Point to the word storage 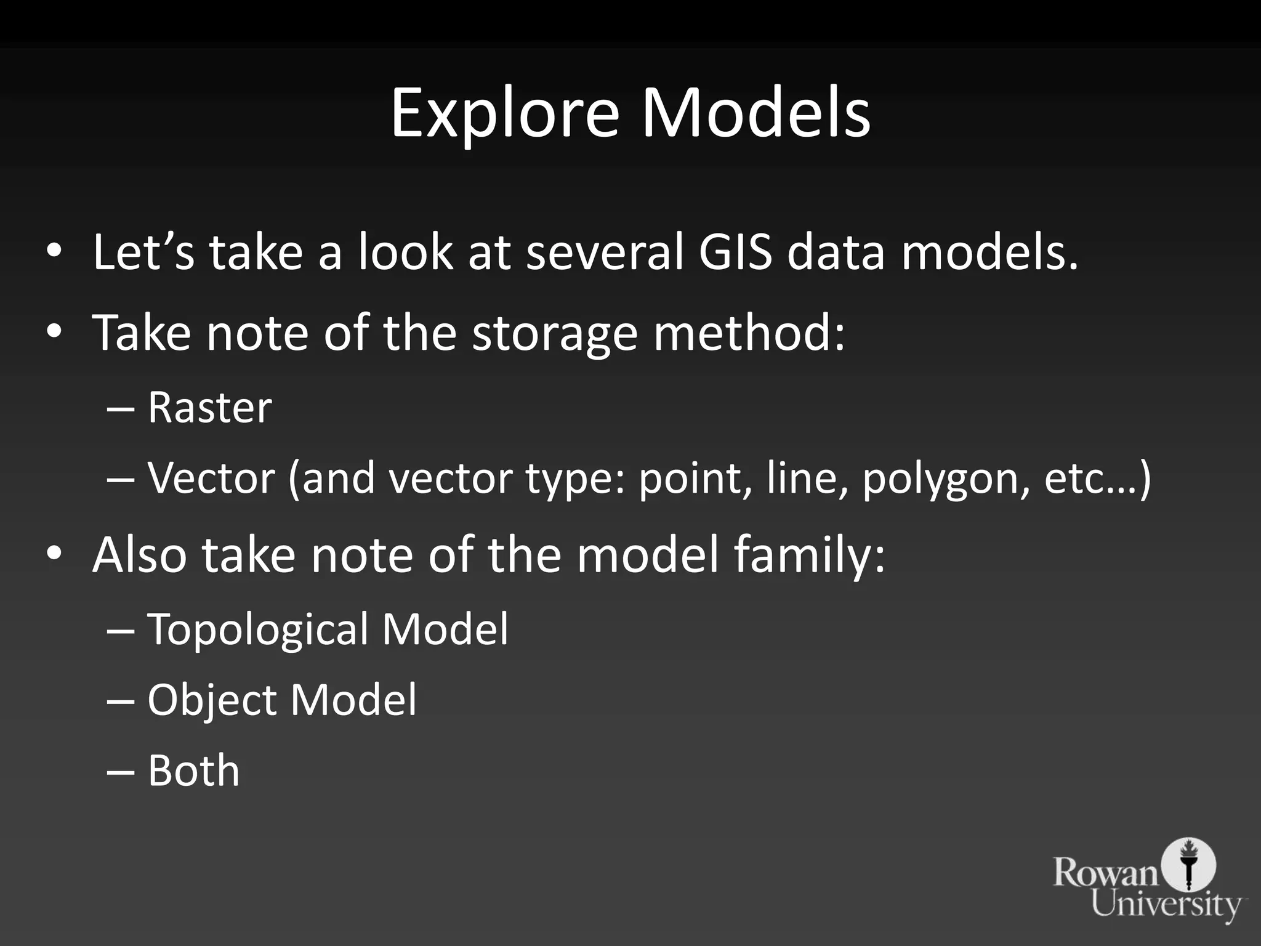point(554,333)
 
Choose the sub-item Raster point(209,408)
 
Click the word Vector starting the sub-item point(211,478)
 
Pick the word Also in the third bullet point(139,555)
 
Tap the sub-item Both point(193,770)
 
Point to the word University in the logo point(1166,904)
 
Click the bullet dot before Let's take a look point(54,252)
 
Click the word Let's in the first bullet point(143,252)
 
